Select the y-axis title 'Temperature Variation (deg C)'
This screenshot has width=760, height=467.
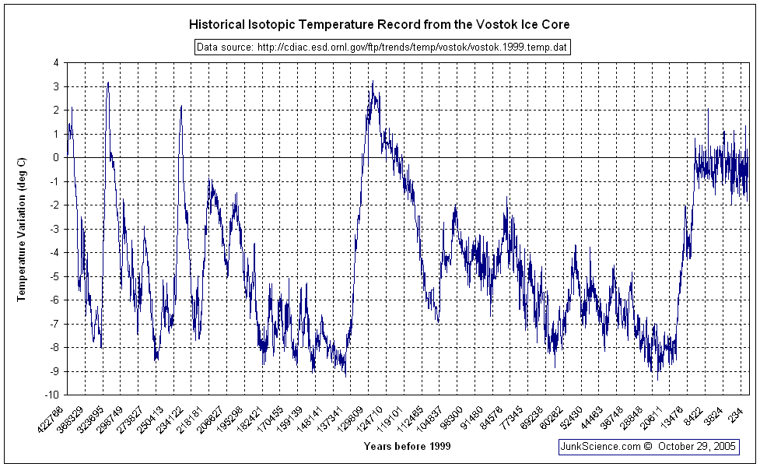tap(22, 229)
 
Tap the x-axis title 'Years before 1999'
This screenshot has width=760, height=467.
tap(406, 446)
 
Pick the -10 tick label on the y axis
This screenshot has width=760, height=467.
tap(53, 395)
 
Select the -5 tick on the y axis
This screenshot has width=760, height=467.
tap(54, 276)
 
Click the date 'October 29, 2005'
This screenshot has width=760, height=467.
tap(697, 447)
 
